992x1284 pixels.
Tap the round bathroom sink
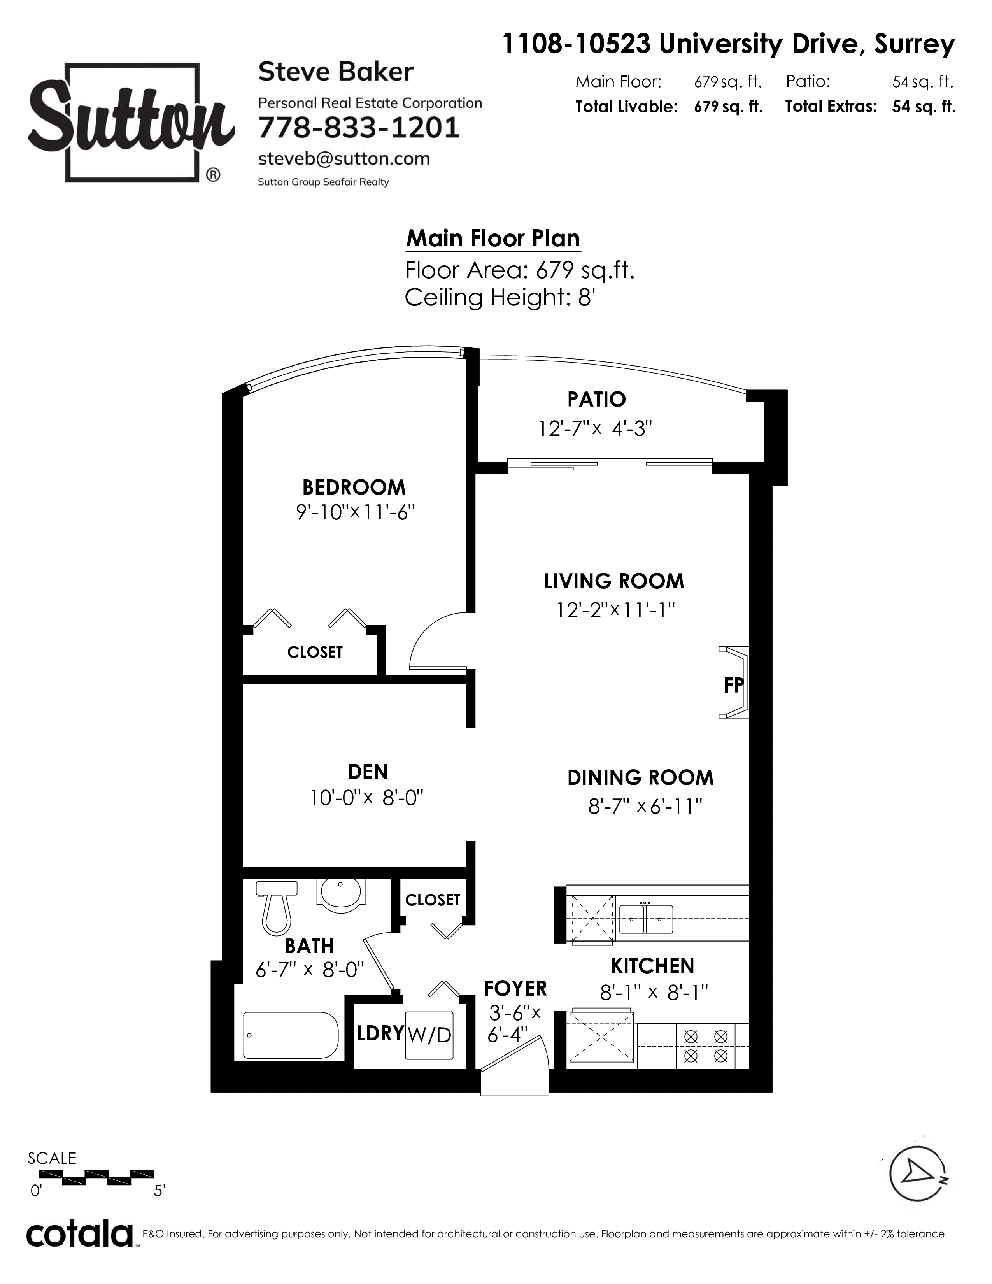[x=341, y=895]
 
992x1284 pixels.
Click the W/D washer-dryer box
[x=429, y=1035]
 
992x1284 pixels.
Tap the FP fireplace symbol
[x=733, y=683]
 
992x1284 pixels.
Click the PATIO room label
[x=596, y=400]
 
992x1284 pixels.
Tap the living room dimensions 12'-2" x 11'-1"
[x=615, y=610]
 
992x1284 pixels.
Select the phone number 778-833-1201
[x=359, y=128]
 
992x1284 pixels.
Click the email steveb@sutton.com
[x=344, y=159]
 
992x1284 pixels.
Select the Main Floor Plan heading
[x=493, y=239]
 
